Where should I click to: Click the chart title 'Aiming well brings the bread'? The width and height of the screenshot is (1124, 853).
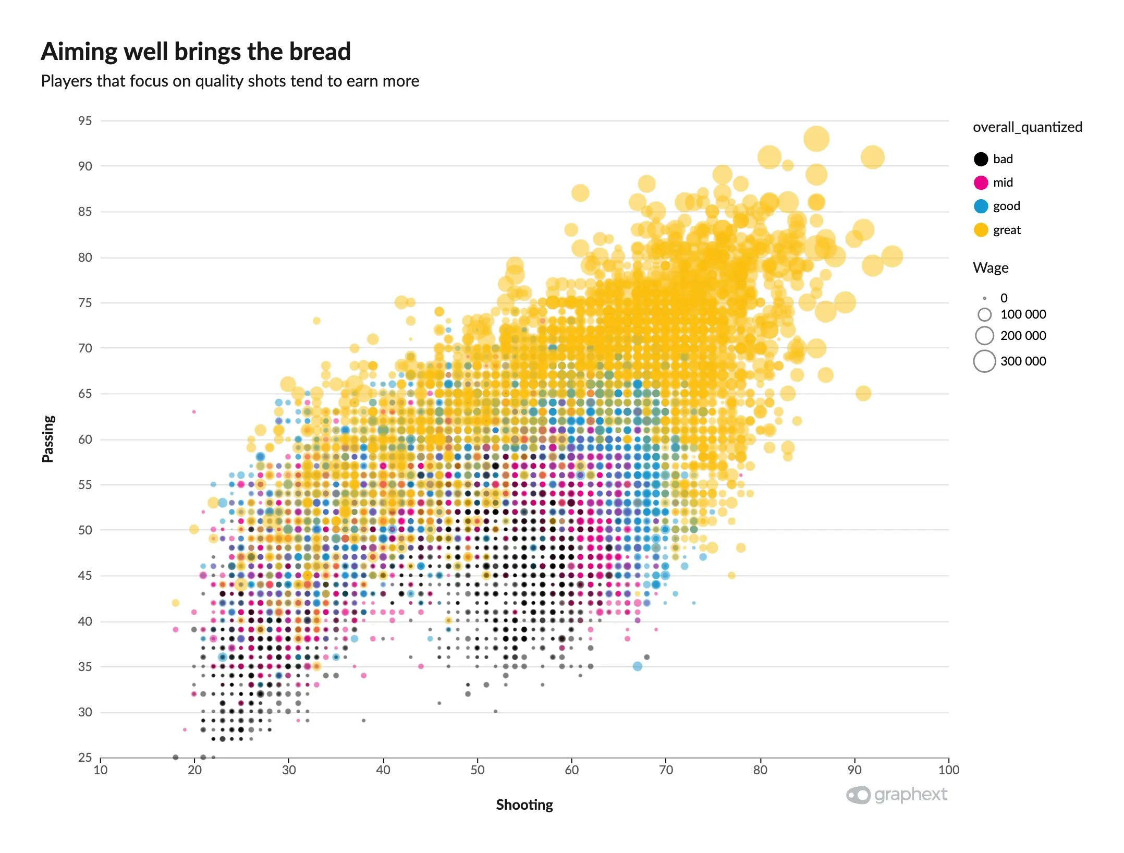point(196,52)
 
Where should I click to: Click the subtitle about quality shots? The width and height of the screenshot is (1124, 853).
point(230,81)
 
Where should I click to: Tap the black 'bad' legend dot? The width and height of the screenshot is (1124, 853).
point(981,159)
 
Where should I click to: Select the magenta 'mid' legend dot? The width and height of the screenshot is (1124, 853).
point(981,182)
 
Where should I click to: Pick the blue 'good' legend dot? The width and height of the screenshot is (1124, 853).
point(981,206)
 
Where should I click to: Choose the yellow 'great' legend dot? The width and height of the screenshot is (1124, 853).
point(981,230)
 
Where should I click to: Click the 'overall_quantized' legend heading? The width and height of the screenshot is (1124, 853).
point(1027,127)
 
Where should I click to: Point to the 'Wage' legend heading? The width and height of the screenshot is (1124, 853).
point(991,268)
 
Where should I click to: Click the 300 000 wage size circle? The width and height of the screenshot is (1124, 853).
point(984,361)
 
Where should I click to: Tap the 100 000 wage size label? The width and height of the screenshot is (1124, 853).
point(1023,314)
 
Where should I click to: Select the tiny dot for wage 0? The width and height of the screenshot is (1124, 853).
point(984,298)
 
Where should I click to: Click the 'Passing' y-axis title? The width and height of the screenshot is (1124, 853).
point(48,438)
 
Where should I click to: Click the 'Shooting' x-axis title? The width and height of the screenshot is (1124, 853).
point(524,805)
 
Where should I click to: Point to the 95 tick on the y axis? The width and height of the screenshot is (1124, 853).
point(85,121)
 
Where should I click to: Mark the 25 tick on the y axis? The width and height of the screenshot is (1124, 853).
point(85,758)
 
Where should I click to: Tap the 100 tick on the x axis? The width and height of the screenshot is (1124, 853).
point(948,770)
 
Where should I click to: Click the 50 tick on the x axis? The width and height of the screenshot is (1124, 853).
point(477,770)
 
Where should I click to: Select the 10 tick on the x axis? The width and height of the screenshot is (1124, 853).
point(101,770)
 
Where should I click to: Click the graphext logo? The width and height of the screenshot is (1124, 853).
point(896,795)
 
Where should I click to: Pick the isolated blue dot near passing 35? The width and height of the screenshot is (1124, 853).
point(637,666)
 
